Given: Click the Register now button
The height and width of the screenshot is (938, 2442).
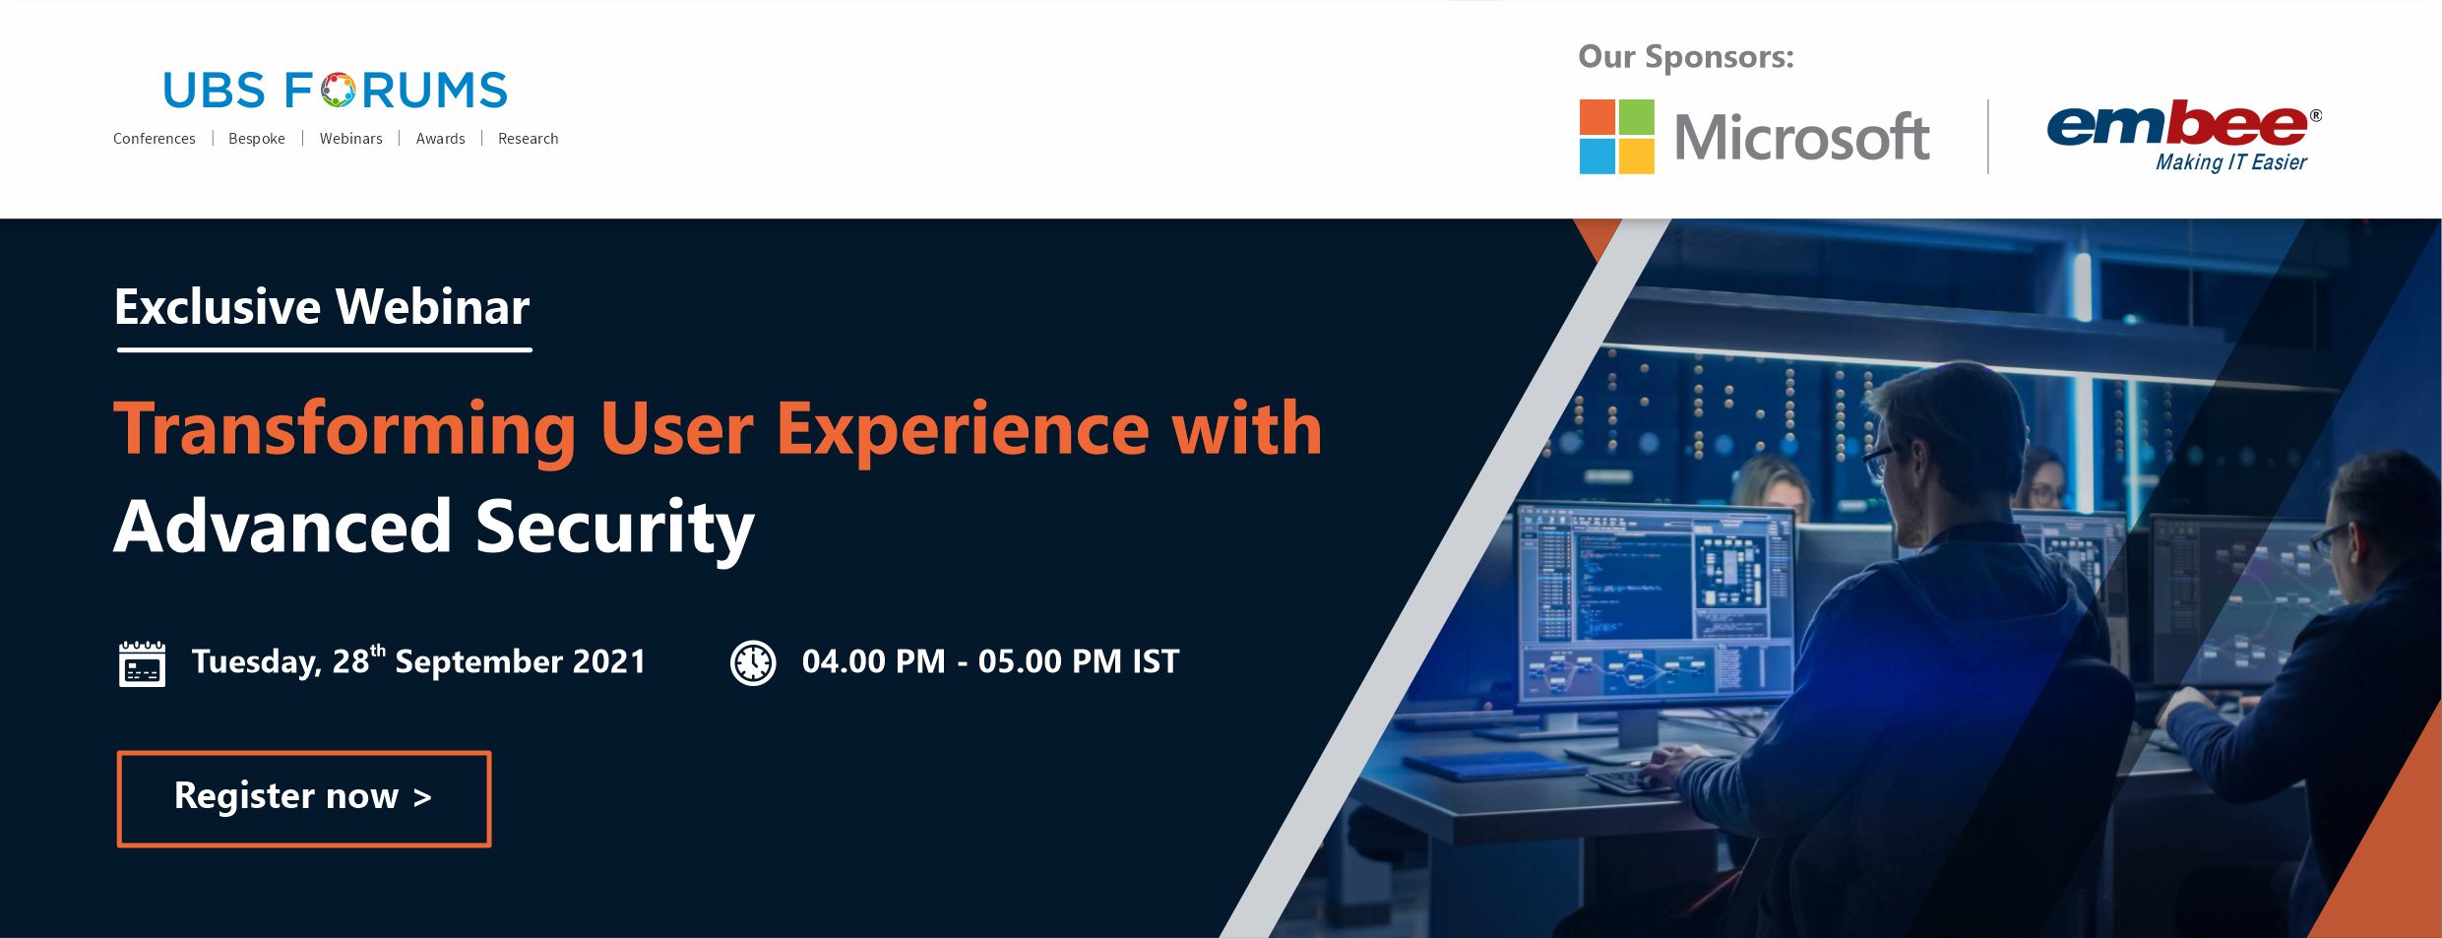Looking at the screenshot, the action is tap(304, 798).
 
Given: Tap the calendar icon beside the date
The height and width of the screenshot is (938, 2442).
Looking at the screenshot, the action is tap(142, 663).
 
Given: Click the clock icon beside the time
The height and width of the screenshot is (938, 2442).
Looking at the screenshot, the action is tap(753, 662).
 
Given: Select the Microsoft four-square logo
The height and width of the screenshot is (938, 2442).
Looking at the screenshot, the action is tap(1616, 137).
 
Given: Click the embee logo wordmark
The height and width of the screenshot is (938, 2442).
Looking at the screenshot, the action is tap(2177, 125).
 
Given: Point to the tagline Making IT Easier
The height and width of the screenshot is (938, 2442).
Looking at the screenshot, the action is tap(2230, 162).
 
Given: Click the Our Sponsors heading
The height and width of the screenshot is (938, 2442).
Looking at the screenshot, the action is tap(1686, 57).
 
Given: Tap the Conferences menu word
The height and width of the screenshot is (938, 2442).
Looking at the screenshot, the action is tap(155, 139).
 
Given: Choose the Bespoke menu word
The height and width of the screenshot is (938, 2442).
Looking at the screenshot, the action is tap(257, 139).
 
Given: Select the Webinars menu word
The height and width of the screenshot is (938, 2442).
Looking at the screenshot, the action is tap(350, 139).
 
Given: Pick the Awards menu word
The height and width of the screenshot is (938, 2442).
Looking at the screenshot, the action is tap(440, 139).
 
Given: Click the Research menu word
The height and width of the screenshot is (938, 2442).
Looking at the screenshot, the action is tap(528, 139).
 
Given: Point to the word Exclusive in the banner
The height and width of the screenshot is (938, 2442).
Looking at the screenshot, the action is tap(218, 307).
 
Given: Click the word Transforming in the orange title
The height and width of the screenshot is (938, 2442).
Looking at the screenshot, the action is tap(344, 430).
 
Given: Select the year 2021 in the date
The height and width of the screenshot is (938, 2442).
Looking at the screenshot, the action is tap(609, 661).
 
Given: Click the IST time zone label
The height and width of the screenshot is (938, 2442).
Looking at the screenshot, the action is tap(1155, 661).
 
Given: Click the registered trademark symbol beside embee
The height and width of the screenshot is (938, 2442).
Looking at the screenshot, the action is tap(2315, 116).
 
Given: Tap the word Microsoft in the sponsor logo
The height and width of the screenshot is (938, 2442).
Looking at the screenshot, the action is tap(1801, 137).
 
